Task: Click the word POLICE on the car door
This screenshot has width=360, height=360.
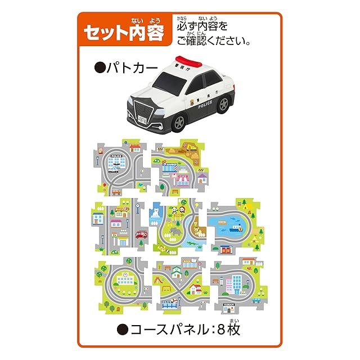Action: [206, 105]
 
